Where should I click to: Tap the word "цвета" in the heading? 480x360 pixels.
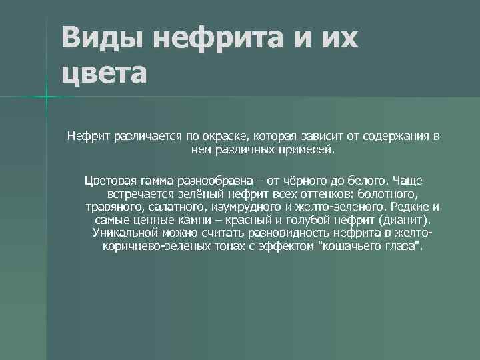pyautogui.click(x=103, y=72)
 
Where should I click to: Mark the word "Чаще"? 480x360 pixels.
pyautogui.click(x=407, y=181)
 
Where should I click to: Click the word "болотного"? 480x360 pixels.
pyautogui.click(x=388, y=194)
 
